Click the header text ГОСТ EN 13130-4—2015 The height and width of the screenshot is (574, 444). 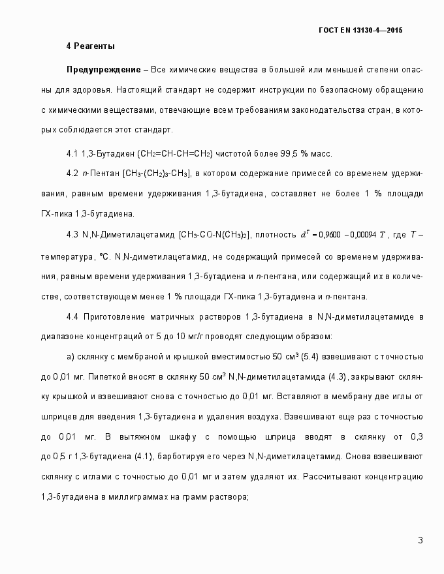(x=360, y=30)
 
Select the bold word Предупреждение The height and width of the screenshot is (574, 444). (x=103, y=69)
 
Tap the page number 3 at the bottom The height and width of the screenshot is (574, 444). (x=420, y=540)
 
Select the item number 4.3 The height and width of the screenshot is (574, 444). (x=72, y=234)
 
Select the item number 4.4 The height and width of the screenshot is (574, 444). (x=72, y=317)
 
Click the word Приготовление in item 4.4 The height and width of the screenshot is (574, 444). (x=114, y=317)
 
